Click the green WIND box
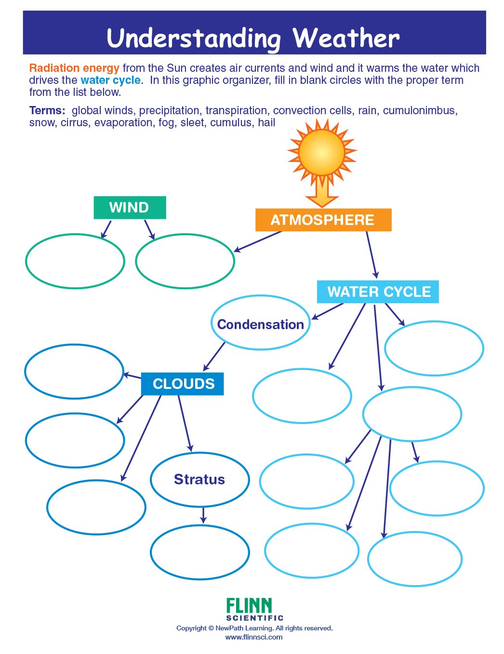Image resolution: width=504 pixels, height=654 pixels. [130, 208]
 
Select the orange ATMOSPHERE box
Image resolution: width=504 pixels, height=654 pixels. [323, 220]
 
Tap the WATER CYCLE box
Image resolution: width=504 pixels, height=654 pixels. [378, 292]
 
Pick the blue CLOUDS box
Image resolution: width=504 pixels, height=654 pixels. [183, 384]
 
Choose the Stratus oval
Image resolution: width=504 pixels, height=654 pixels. [199, 479]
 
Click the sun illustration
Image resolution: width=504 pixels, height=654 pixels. [321, 152]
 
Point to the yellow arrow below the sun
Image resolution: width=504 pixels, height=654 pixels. [321, 193]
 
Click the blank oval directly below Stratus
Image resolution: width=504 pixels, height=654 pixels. [199, 552]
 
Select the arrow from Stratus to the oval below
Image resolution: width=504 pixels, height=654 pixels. [203, 515]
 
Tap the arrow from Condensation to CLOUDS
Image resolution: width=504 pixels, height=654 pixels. [214, 356]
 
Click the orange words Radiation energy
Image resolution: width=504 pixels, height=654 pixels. [74, 68]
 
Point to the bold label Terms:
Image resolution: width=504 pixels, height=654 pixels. [47, 110]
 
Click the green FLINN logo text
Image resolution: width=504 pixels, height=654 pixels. [249, 605]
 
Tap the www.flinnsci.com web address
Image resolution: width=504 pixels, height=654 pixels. [254, 637]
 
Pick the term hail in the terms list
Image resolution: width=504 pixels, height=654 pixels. [266, 122]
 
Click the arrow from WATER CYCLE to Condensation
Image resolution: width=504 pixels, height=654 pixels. [328, 311]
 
